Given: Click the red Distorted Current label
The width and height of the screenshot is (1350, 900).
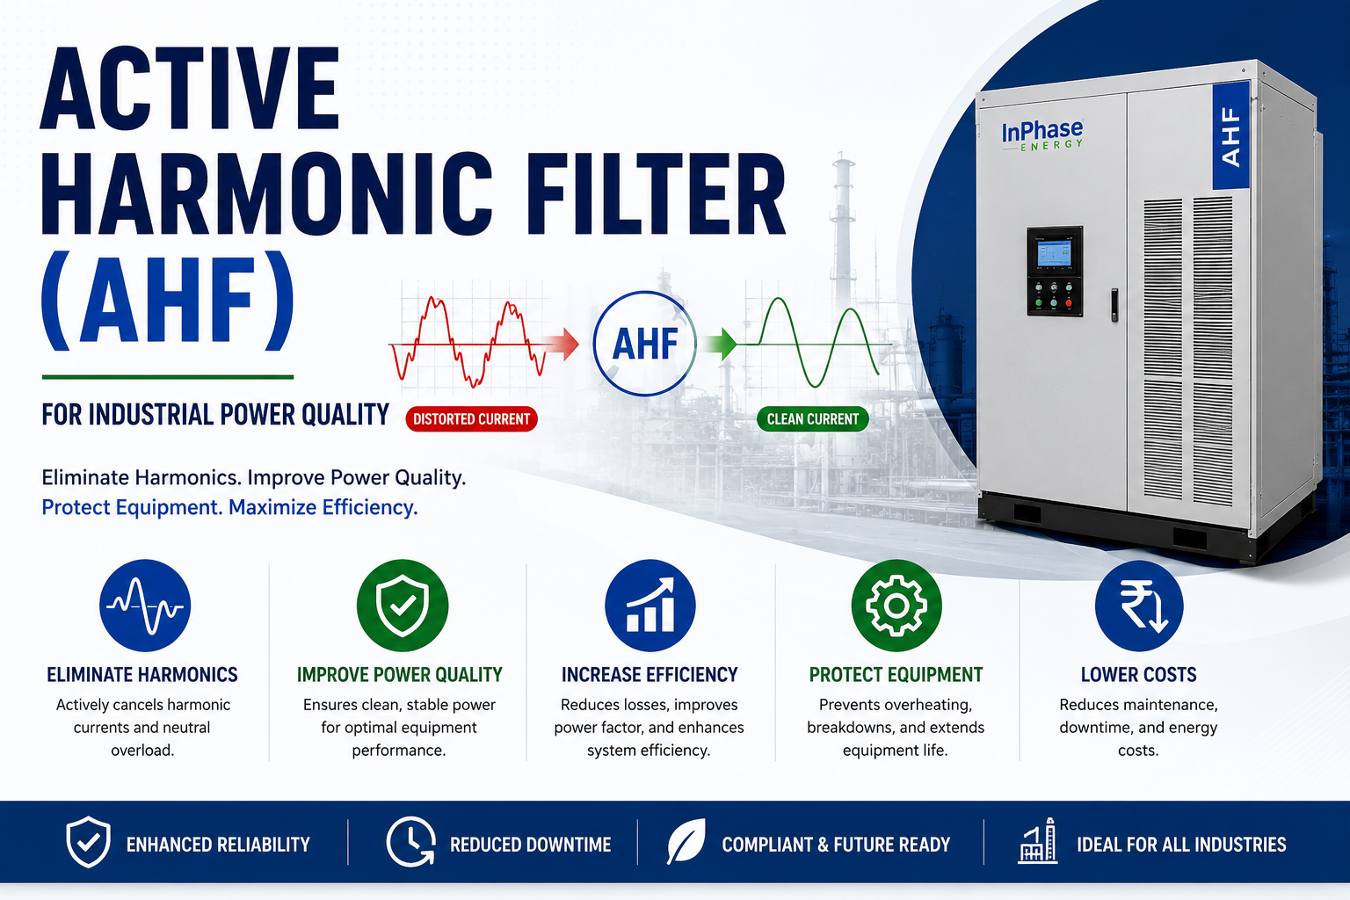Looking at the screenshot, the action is [471, 419].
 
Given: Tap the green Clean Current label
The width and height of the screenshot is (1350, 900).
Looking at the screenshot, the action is [812, 419].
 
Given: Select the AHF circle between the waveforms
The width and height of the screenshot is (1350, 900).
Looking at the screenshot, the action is [644, 344].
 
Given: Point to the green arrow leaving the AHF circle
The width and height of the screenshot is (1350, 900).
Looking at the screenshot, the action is [721, 345].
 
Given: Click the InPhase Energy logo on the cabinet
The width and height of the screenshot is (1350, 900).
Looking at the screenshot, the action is [1042, 134].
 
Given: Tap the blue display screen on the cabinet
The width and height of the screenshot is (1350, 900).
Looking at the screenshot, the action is [1054, 254].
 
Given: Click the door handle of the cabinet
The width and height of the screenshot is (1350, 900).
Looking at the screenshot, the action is [1114, 304].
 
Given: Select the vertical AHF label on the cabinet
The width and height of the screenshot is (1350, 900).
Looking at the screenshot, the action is [1230, 136].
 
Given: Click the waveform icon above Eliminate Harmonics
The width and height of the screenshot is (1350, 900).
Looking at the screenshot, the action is [145, 606].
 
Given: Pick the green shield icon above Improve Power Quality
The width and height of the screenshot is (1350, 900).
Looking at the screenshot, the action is [402, 606].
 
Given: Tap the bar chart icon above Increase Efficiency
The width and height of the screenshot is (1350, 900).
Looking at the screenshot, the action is [650, 606].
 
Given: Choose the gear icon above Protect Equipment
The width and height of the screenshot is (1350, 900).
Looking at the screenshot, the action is [896, 606].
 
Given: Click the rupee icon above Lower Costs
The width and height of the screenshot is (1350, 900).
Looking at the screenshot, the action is [1139, 606].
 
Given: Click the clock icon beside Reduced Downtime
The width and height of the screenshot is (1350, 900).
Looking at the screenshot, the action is [411, 842].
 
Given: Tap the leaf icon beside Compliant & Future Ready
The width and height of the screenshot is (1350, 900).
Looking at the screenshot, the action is [686, 841].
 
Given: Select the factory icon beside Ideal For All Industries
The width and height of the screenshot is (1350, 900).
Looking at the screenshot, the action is [1038, 841].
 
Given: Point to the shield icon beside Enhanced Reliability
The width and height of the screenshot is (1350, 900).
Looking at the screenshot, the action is [88, 842].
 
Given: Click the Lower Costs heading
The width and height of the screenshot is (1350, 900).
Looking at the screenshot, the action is [1138, 674].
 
